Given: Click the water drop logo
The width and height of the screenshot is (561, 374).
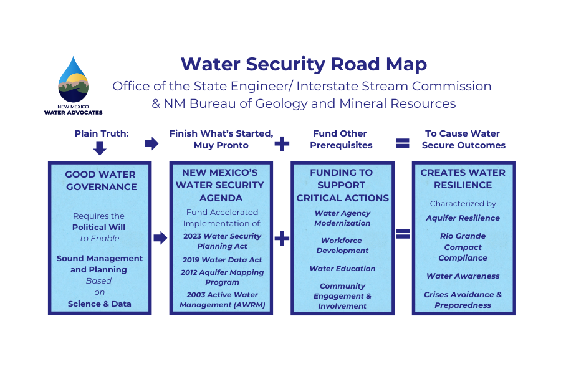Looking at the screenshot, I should [x=73, y=81].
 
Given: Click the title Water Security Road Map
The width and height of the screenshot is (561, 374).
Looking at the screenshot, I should [x=304, y=64].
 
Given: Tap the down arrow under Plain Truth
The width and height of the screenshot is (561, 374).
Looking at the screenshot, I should [x=100, y=148].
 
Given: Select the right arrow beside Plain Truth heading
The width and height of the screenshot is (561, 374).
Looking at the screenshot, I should [x=151, y=144].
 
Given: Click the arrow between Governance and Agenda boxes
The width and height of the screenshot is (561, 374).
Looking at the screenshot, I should [x=160, y=237].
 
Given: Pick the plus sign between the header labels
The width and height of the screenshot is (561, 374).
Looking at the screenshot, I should [x=282, y=144].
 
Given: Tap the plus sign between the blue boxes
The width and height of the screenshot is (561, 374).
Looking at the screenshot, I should [x=282, y=238].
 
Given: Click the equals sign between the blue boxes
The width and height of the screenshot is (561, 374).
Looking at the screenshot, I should [x=403, y=234].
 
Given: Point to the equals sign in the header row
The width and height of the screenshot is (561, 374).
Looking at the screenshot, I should [x=403, y=143].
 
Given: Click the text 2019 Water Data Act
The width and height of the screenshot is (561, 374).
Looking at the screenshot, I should [x=222, y=259].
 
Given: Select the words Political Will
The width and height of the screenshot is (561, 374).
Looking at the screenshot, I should [x=100, y=227].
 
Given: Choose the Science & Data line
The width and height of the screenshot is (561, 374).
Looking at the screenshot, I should [x=100, y=304].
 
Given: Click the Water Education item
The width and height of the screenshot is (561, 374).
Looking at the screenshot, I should [x=342, y=269].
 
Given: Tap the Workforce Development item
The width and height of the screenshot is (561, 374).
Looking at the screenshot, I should [x=342, y=246].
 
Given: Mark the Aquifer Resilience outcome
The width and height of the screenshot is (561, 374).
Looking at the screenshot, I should [x=463, y=218].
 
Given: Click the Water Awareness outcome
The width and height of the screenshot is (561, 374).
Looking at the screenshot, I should [x=463, y=276].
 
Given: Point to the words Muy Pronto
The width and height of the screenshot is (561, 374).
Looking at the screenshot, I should [x=221, y=145].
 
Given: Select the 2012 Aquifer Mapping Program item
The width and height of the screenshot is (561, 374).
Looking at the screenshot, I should [x=222, y=277].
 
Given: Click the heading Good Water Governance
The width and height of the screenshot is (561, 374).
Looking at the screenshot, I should [x=100, y=181].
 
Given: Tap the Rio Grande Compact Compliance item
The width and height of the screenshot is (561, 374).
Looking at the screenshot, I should [x=463, y=247].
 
